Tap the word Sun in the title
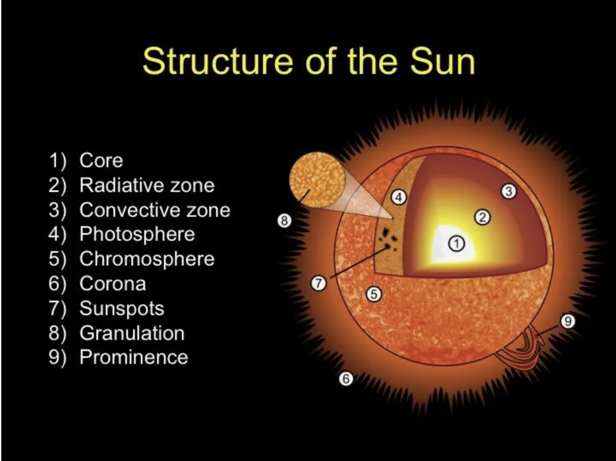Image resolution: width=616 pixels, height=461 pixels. click(x=442, y=61)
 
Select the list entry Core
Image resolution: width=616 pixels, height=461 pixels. click(x=101, y=161)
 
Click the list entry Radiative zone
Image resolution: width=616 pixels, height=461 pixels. click(x=147, y=186)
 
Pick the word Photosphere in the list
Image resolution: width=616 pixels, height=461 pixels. click(x=137, y=234)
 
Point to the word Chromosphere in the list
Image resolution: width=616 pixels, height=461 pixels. click(x=147, y=259)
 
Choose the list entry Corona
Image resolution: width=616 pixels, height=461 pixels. click(x=113, y=284)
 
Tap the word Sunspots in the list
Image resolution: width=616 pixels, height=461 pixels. click(x=121, y=308)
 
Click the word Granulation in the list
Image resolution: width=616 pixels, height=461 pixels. click(x=132, y=333)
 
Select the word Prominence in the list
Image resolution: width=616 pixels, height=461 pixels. click(x=133, y=358)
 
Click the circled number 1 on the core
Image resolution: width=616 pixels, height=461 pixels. click(x=456, y=244)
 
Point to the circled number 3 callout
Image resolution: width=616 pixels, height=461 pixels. click(x=508, y=191)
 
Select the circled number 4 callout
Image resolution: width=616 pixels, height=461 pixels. click(x=399, y=197)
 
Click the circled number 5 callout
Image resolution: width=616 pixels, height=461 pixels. click(x=374, y=294)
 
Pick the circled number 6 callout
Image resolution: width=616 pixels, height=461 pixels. click(x=346, y=378)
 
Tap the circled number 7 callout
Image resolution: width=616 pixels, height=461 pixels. click(x=318, y=283)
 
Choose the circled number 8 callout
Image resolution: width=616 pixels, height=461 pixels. click(x=284, y=221)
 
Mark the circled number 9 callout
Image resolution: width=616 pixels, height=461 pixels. click(x=567, y=321)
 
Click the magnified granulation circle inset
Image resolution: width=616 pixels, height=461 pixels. click(x=317, y=180)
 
